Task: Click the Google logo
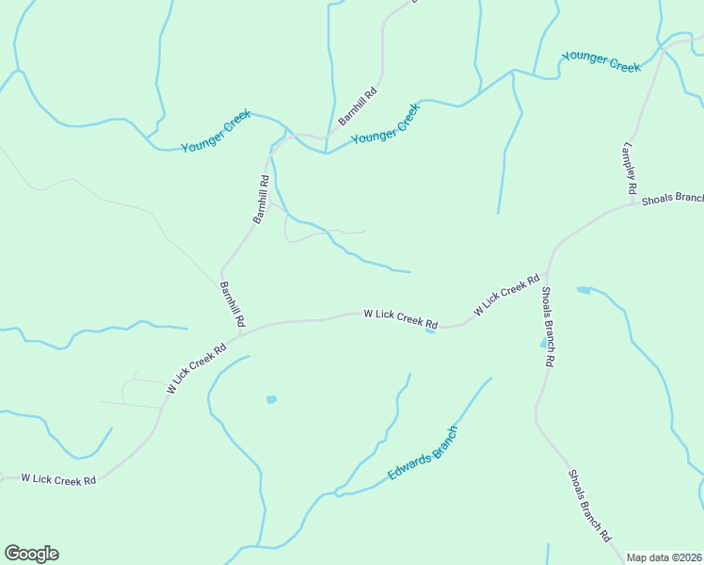click(31, 554)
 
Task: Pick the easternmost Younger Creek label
click(600, 61)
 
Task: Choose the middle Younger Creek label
click(385, 123)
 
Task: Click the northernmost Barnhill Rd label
click(358, 106)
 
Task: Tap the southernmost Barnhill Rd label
click(232, 304)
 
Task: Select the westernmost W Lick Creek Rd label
click(58, 479)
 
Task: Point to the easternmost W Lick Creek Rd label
click(506, 295)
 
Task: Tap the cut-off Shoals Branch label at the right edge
click(672, 199)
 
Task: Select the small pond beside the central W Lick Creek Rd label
click(430, 331)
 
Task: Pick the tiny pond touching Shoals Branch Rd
click(544, 345)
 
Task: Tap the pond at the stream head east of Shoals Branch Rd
click(583, 289)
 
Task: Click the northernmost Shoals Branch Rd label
click(549, 327)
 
